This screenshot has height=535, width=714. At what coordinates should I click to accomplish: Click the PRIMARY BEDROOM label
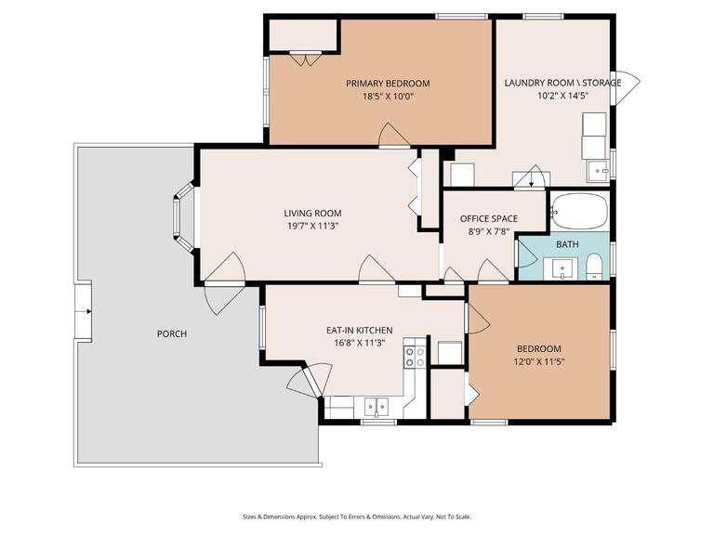click(x=388, y=83)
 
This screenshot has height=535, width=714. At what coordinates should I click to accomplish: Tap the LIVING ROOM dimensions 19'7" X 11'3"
click(x=311, y=226)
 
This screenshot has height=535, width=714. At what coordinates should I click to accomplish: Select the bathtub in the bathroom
click(x=578, y=211)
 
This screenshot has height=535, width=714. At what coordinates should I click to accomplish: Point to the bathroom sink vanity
click(x=562, y=269)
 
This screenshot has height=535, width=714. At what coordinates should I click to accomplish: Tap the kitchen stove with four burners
click(x=415, y=357)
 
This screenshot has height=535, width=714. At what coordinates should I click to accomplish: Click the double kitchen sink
click(x=377, y=405)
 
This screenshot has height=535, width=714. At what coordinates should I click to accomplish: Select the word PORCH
click(x=172, y=333)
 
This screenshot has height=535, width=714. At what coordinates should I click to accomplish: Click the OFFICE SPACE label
click(x=489, y=219)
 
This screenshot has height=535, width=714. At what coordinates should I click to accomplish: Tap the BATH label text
click(x=567, y=244)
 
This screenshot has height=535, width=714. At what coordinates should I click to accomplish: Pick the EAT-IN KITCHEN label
click(x=359, y=330)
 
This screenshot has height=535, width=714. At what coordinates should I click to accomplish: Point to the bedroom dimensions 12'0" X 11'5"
click(x=539, y=361)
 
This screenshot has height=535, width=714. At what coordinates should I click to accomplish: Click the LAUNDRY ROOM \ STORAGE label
click(x=562, y=83)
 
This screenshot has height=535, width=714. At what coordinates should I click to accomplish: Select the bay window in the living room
click(x=185, y=217)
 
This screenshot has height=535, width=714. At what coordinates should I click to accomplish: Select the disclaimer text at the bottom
click(x=357, y=516)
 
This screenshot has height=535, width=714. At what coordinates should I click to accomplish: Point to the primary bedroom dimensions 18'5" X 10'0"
click(x=388, y=95)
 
